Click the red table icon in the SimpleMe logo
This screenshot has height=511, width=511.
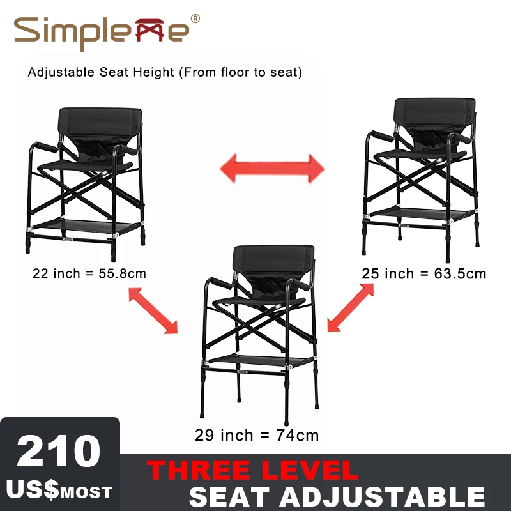(x=149, y=29)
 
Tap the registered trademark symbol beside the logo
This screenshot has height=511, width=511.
(x=195, y=19)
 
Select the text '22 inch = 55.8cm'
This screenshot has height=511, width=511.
(x=89, y=273)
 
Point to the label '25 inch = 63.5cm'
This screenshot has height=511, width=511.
(x=423, y=274)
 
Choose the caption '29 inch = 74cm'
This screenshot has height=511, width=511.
(x=257, y=435)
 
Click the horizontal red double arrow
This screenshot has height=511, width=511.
(x=273, y=169)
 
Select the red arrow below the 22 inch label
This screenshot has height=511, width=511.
(x=153, y=310)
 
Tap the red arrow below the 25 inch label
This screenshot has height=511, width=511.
(x=350, y=308)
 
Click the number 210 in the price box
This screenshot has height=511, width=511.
(x=59, y=452)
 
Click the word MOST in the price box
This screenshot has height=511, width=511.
(x=86, y=492)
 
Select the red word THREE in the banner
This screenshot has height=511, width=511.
(x=199, y=470)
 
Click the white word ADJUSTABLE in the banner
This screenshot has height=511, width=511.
(x=382, y=497)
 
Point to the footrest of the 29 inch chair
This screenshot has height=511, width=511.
(x=261, y=361)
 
